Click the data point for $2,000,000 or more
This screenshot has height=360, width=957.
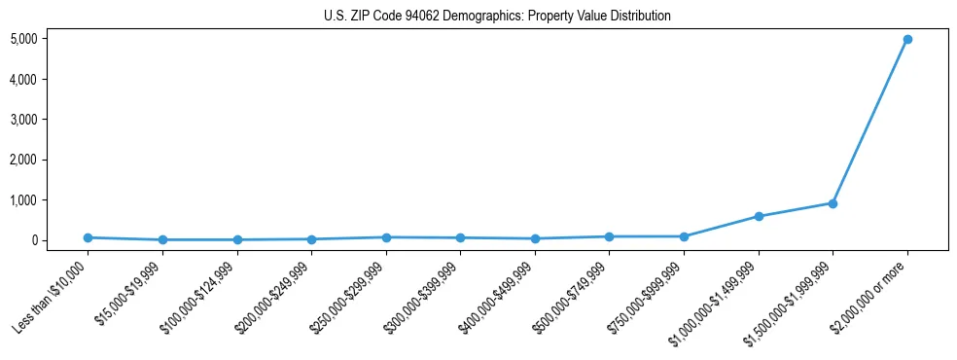(x=907, y=39)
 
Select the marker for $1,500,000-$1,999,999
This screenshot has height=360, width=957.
(x=833, y=203)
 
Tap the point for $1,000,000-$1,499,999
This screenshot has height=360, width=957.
(x=759, y=216)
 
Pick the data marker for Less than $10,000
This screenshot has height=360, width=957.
(x=88, y=237)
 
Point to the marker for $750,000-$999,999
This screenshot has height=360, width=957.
(x=684, y=236)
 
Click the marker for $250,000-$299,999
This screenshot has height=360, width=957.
(x=386, y=237)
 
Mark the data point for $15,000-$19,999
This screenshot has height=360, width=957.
(x=162, y=239)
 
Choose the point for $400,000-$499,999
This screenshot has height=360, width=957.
(x=535, y=238)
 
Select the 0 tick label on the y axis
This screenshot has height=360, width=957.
(x=61, y=240)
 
